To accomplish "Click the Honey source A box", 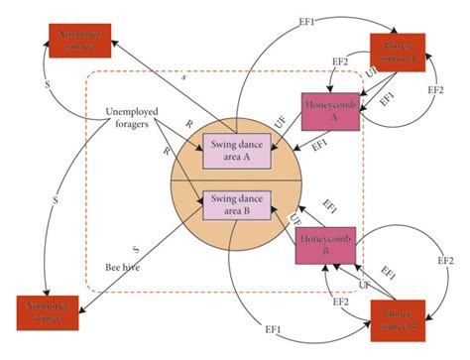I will (x=398, y=52).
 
